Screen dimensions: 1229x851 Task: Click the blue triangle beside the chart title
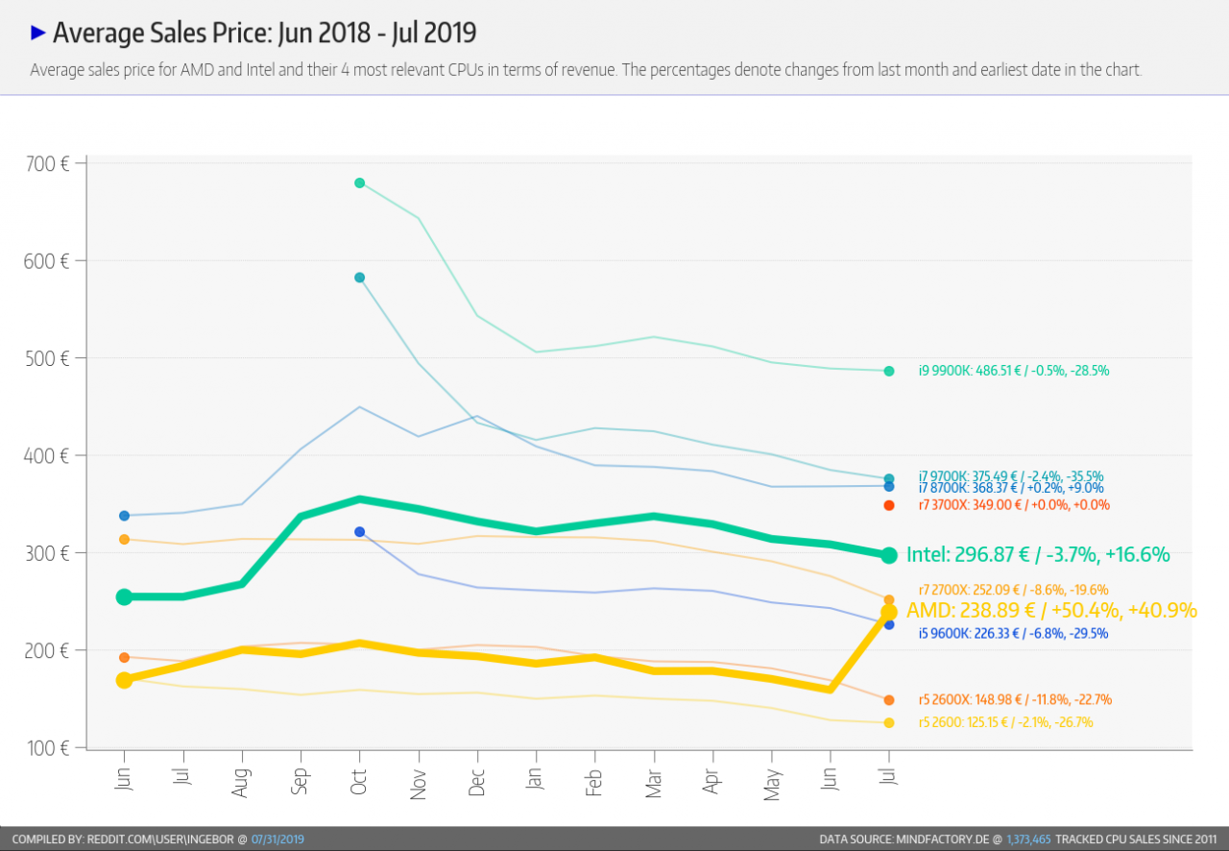tap(37, 33)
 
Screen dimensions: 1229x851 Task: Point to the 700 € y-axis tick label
tap(47, 164)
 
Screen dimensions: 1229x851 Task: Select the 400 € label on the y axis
tap(47, 455)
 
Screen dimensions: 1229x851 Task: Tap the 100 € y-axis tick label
tap(48, 748)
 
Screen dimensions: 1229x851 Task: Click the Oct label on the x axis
tap(358, 782)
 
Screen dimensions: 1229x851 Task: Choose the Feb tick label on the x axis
tap(593, 783)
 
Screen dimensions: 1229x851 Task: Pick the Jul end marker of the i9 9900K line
tap(889, 371)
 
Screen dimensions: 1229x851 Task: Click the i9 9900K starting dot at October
tap(359, 182)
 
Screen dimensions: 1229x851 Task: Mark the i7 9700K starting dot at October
tap(359, 278)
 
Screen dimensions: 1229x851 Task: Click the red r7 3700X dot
tap(889, 505)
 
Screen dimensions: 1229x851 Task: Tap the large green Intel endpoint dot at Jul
tap(889, 555)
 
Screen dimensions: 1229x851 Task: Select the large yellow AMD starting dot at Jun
tap(124, 680)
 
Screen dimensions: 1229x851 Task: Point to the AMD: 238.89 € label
tap(971, 611)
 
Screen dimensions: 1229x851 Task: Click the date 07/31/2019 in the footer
tap(277, 839)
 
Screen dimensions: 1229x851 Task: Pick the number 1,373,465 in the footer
tap(1028, 839)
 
